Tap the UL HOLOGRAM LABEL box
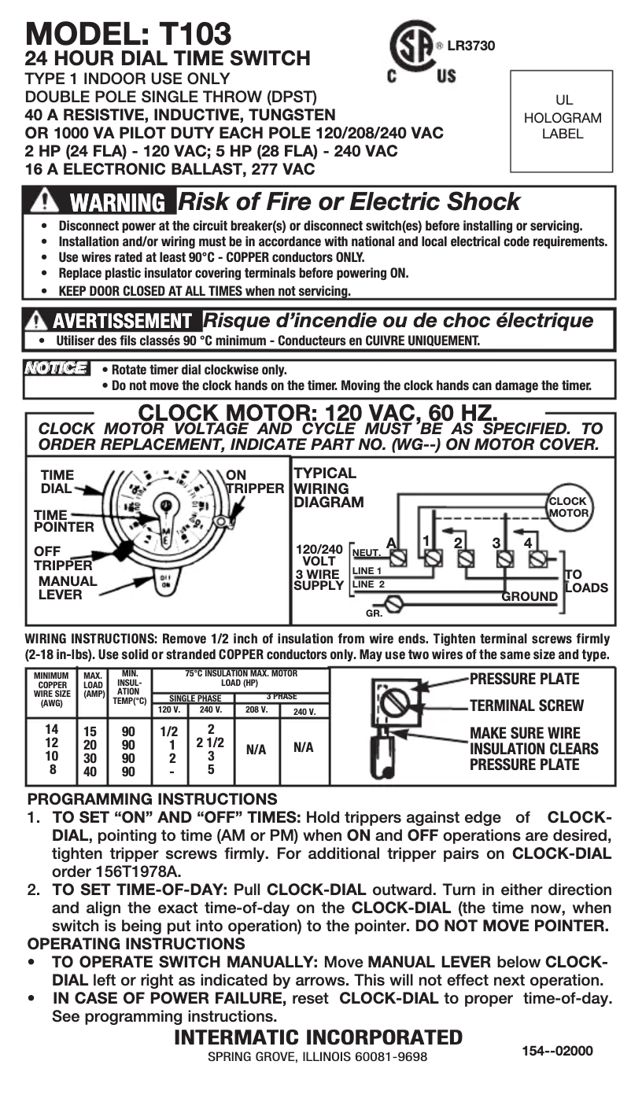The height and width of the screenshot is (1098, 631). coord(563,120)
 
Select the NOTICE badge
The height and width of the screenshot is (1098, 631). coord(57,368)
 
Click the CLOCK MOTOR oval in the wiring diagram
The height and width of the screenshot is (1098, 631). coord(567,507)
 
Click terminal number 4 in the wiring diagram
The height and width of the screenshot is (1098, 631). coord(528,542)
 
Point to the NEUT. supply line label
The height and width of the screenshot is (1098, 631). coord(367,553)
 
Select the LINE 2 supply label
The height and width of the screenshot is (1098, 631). coord(368,584)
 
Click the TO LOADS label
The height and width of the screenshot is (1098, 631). coord(585,581)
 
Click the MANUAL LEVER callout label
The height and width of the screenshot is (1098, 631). coord(68,588)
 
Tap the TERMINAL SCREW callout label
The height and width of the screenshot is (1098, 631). coord(526,706)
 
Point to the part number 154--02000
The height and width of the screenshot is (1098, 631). coord(556,1051)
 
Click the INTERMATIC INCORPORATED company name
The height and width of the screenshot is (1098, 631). coord(317,1037)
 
